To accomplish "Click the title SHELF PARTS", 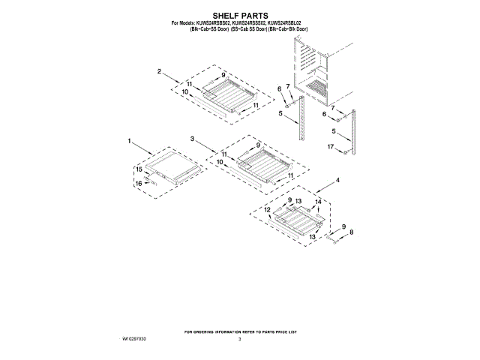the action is pos(239,14).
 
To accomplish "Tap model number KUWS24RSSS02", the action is pos(254,22).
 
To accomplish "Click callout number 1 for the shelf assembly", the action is pos(129,141).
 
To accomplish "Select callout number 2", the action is pos(160,71).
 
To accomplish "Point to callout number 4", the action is pos(337,181).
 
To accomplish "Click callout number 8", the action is pos(351,233).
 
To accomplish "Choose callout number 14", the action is pos(317,202).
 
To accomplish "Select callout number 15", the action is pos(139,169).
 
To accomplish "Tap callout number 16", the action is pos(139,183).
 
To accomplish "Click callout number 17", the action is pos(330,147).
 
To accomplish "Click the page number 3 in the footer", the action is pos(239,340).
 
